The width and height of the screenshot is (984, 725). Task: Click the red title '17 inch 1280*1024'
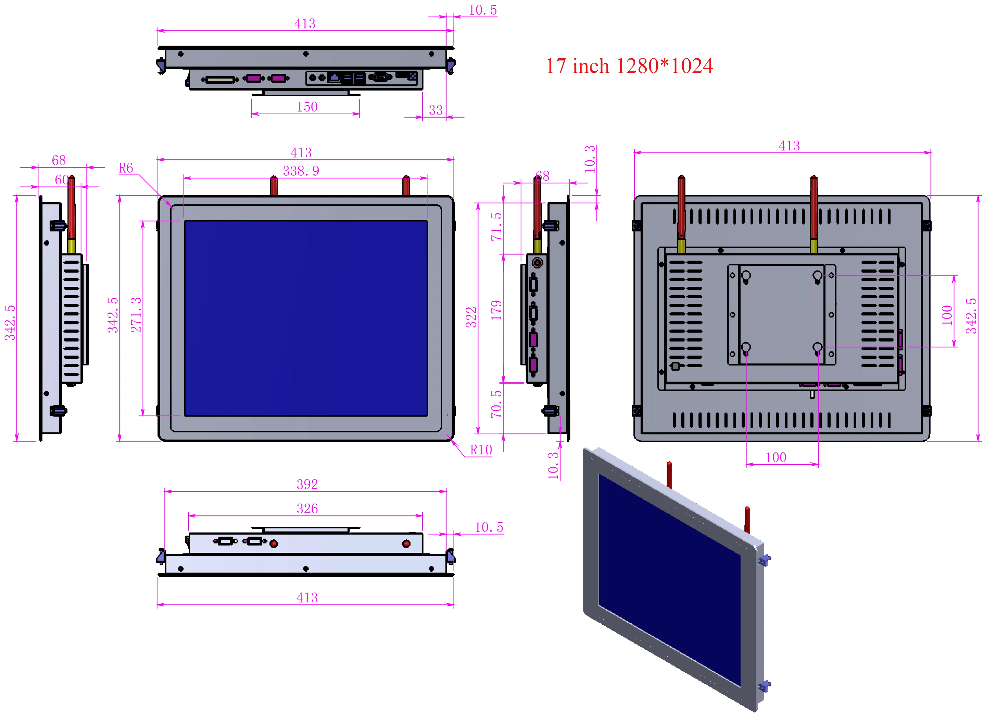pyautogui.click(x=629, y=66)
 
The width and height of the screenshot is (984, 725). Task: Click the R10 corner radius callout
pyautogui.click(x=481, y=450)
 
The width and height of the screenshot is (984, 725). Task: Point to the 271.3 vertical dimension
pyautogui.click(x=136, y=315)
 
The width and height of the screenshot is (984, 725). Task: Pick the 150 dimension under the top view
pyautogui.click(x=307, y=107)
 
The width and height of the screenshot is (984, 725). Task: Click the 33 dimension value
pyautogui.click(x=435, y=110)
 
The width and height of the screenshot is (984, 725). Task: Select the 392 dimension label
pyautogui.click(x=307, y=484)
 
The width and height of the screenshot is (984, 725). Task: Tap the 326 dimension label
pyautogui.click(x=307, y=509)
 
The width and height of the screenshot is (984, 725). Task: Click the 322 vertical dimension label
pyautogui.click(x=471, y=317)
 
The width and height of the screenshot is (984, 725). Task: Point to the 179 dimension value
pyautogui.click(x=496, y=310)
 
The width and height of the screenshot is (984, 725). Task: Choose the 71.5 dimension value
pyautogui.click(x=496, y=227)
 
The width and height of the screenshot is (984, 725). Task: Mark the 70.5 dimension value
pyautogui.click(x=496, y=404)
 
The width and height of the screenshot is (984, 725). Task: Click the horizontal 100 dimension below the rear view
pyautogui.click(x=776, y=457)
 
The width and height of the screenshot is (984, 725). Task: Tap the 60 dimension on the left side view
pyautogui.click(x=61, y=180)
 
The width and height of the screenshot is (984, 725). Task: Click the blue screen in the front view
pyautogui.click(x=306, y=318)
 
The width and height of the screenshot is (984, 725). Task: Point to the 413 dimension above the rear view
pyautogui.click(x=789, y=146)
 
